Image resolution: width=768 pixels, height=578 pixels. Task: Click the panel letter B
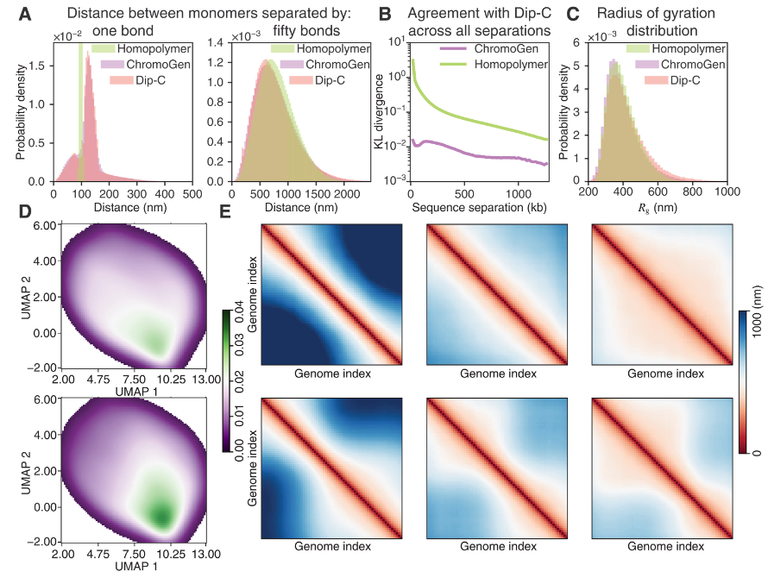click(x=386, y=14)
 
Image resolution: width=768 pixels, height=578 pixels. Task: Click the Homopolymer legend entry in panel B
click(x=506, y=64)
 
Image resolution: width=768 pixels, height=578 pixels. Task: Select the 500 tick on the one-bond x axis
click(x=191, y=193)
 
